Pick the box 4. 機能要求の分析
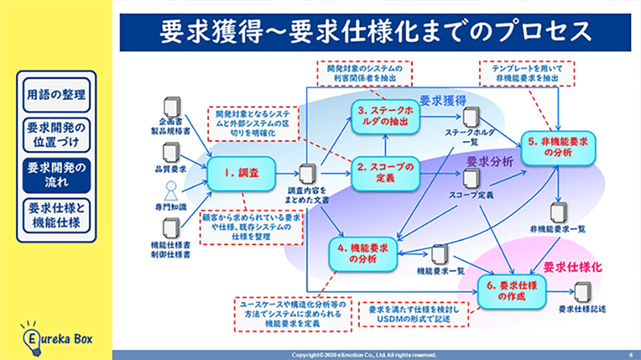pos(363,253)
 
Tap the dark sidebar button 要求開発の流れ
pos(56,173)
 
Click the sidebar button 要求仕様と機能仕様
pos(56,216)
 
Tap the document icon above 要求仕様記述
pos(583,292)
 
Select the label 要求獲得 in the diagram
pos(442,100)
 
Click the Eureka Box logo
pos(56,336)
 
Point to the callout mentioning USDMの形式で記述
pos(413,315)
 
